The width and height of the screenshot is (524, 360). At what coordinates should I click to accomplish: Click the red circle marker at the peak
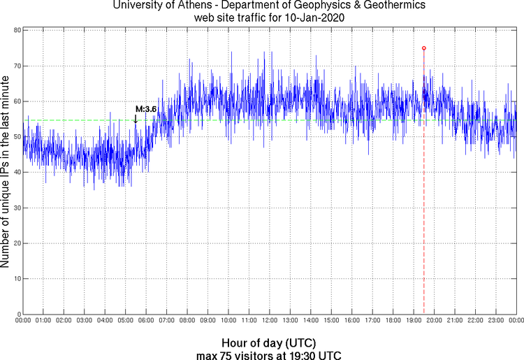coord(424,48)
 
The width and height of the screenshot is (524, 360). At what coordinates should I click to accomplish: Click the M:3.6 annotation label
coord(146,110)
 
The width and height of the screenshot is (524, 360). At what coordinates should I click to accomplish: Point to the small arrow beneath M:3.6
coord(136,120)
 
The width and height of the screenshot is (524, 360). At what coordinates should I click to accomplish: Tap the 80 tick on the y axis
coord(15,31)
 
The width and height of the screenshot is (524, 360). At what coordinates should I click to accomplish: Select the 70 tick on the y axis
coord(15,66)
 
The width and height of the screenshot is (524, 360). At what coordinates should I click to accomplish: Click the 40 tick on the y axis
coord(15,172)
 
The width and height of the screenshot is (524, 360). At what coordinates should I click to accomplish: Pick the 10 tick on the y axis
coord(15,278)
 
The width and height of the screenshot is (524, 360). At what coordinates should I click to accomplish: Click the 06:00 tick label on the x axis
coord(146,321)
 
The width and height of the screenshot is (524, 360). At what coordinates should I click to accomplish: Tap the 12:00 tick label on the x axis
coord(270,321)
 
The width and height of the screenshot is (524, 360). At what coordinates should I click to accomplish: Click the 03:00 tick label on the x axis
coord(85,321)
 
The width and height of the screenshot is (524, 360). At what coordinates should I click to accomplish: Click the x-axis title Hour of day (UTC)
coord(269,343)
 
